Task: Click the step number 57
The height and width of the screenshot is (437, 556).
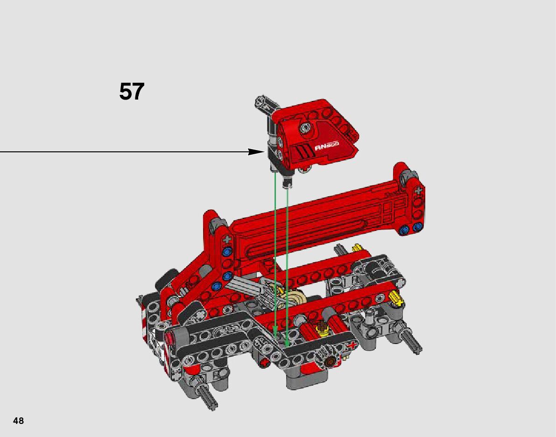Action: tap(132, 92)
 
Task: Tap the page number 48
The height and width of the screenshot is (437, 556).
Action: tap(18, 421)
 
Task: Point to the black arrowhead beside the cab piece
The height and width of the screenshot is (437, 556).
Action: tap(256, 152)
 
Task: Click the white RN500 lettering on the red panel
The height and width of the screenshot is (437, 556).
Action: tap(327, 145)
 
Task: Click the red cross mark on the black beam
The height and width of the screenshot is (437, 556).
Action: tap(352, 345)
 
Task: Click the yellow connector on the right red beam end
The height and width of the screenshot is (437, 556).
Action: tap(396, 299)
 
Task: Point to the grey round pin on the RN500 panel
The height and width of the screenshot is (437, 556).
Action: tap(305, 128)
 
